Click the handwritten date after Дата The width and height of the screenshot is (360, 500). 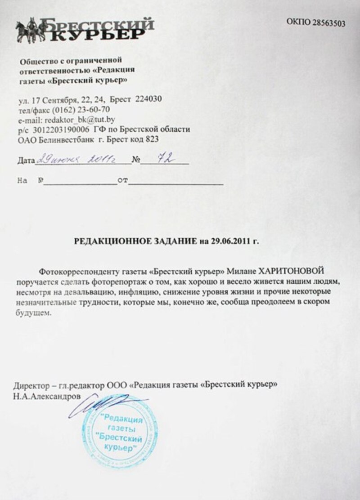[x=81, y=160]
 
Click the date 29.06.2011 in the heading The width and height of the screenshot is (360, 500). [x=229, y=241]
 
